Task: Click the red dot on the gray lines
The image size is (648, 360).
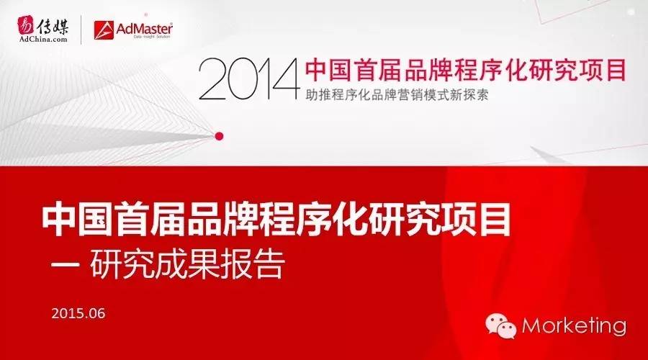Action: pyautogui.click(x=220, y=134)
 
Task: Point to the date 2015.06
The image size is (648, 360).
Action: pyautogui.click(x=78, y=314)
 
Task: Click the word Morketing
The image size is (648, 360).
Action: pyautogui.click(x=574, y=325)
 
